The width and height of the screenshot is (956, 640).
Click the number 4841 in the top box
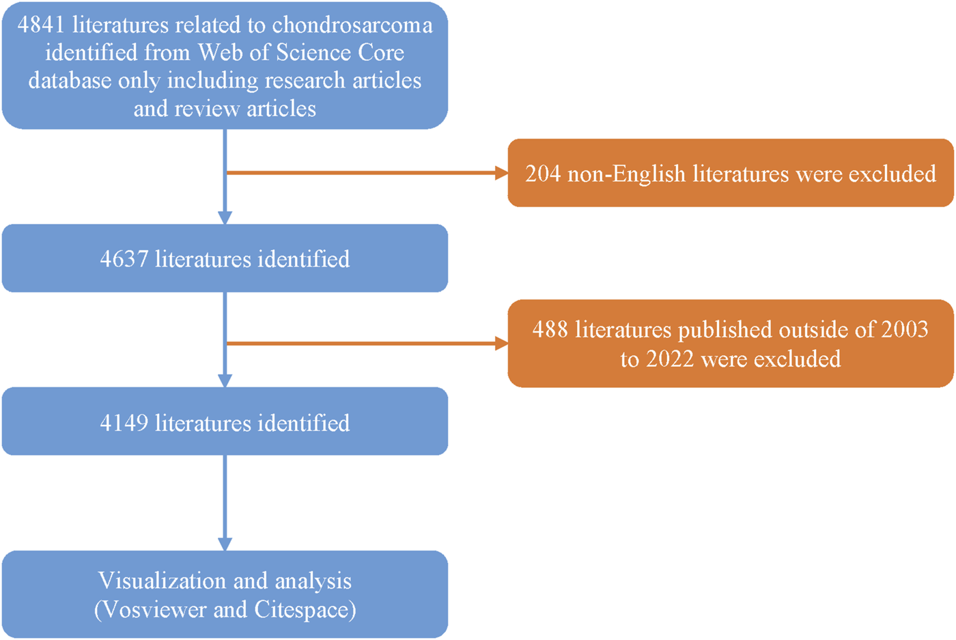pos(42,25)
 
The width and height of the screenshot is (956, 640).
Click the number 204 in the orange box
pos(543,173)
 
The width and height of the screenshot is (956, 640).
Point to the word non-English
pos(626,173)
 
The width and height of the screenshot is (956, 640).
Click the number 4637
pos(124,260)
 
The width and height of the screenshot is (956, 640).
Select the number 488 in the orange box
pos(550,330)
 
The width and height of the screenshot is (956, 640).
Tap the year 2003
pos(904,330)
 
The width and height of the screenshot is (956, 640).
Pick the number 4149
pos(124,423)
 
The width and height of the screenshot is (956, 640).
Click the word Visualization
pos(160,581)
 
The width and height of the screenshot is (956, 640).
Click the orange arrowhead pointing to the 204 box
pos(501,173)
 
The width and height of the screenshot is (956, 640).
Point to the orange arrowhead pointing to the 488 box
pos(501,344)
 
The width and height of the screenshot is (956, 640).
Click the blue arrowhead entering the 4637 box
pos(225,218)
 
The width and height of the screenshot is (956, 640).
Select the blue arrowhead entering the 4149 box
pos(225,380)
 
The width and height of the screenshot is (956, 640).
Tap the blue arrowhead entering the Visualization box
pos(225,544)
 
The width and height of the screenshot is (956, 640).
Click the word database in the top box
pos(70,81)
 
